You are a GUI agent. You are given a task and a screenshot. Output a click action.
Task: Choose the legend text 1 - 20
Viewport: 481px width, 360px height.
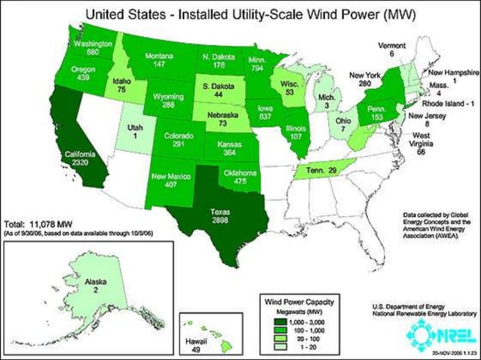coord(304,346)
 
